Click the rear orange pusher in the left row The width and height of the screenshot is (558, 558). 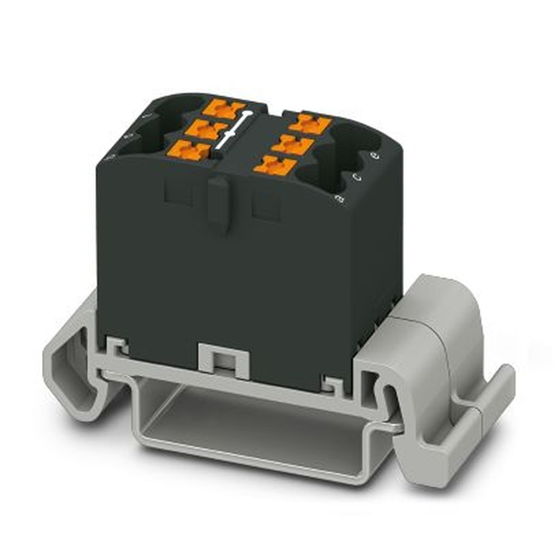[x=224, y=108]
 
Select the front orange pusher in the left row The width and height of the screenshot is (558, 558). [x=189, y=150]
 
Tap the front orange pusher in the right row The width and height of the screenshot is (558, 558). [x=275, y=165]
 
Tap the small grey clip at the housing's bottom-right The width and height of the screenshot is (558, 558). [x=333, y=383]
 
